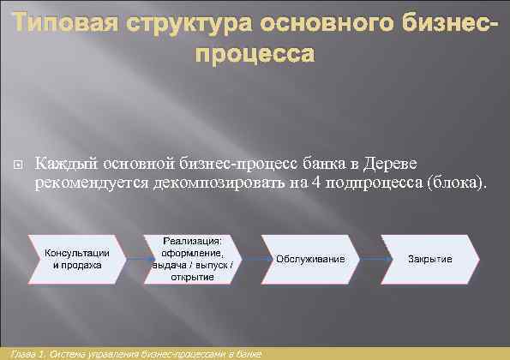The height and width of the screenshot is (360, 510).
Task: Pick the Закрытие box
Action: point(430,258)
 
